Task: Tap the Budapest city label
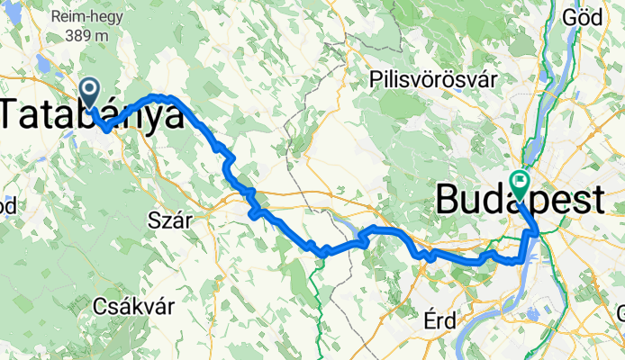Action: (x=520, y=200)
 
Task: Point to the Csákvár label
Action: (x=134, y=306)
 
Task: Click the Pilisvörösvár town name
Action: (x=434, y=80)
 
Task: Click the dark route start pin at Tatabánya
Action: (x=90, y=89)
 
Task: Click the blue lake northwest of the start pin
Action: (x=42, y=64)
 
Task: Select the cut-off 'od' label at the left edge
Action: (x=6, y=205)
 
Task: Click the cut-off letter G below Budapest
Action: (x=620, y=313)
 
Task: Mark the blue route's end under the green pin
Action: (x=520, y=200)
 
